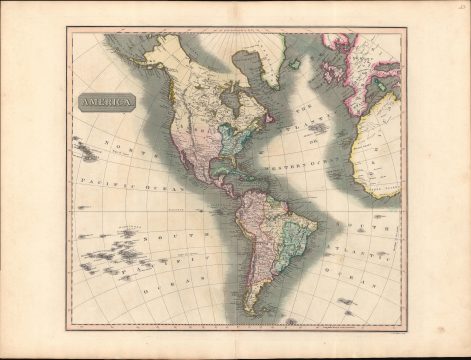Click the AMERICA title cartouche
pos(103,101)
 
